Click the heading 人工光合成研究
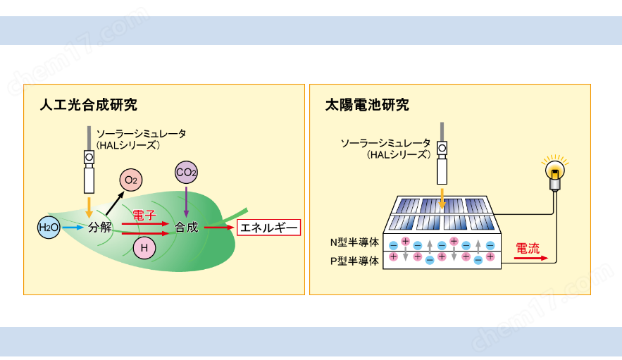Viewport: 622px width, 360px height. pos(88,106)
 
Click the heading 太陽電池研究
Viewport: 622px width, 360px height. pos(366,106)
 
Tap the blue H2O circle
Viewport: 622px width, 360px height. pos(49,227)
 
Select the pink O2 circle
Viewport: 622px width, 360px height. pos(131,181)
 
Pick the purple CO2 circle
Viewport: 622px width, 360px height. pos(186,173)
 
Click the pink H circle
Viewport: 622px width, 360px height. pos(144,248)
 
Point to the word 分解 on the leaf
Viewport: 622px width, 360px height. pos(99,227)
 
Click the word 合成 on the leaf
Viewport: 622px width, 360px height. pos(187,227)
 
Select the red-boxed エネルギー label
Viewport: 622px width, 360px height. pos(268,227)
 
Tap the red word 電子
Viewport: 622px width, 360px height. pos(144,214)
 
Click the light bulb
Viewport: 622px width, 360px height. pos(554,173)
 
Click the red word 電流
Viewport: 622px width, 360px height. pos(528,248)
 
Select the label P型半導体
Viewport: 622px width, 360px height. pos(354,260)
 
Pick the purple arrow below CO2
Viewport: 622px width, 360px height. pos(186,200)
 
